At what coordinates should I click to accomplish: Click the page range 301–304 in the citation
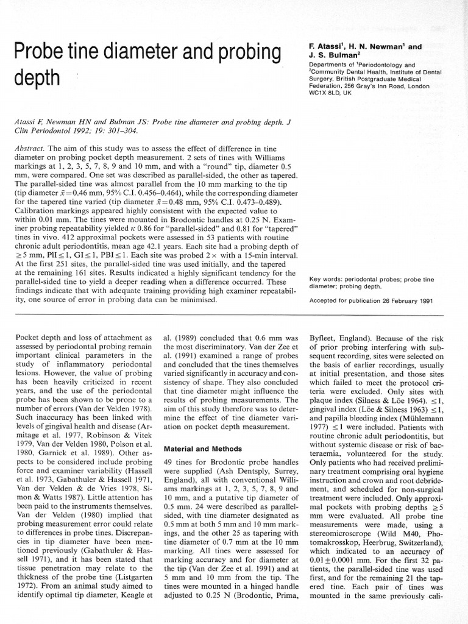click(x=121, y=130)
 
